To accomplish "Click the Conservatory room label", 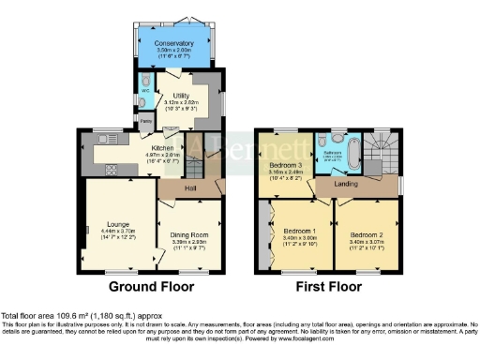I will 175,43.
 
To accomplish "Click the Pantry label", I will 146,121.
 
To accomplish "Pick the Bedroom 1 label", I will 300,231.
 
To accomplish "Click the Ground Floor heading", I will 151,286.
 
